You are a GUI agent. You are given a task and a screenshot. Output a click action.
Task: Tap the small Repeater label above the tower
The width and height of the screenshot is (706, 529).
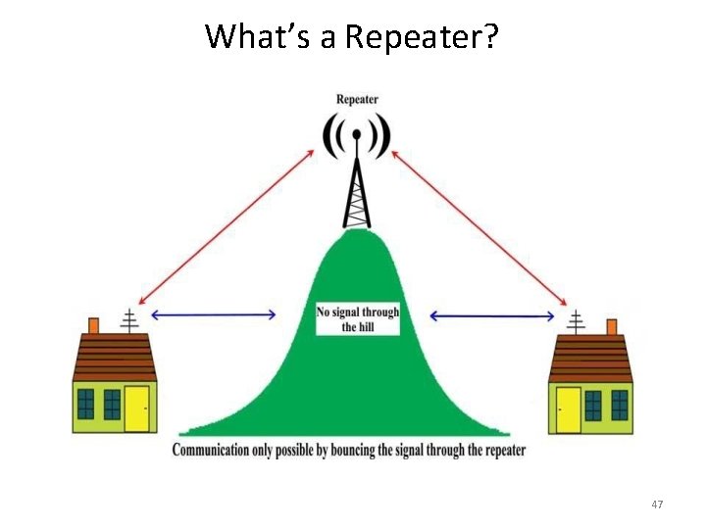(x=357, y=99)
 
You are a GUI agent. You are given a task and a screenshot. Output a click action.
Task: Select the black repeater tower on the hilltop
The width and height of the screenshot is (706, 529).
(x=358, y=191)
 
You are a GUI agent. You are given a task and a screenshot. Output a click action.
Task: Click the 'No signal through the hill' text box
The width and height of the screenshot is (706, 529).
(x=357, y=319)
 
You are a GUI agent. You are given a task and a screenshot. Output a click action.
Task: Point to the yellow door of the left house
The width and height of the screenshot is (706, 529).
(x=136, y=409)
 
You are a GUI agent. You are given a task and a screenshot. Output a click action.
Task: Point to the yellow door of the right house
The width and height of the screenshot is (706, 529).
(x=569, y=409)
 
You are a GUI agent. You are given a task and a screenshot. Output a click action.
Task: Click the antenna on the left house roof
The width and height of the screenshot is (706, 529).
(x=128, y=320)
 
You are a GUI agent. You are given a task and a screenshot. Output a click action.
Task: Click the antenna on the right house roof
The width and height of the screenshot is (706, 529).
(x=576, y=320)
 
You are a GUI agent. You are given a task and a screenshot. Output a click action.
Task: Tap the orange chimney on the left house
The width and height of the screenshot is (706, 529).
(x=94, y=325)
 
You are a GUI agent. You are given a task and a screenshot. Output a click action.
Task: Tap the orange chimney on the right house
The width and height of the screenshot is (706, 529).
(x=611, y=325)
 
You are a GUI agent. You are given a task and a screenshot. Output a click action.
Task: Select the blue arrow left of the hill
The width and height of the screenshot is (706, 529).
(x=215, y=314)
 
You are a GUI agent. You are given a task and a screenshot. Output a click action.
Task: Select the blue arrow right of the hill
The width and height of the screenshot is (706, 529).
(x=492, y=314)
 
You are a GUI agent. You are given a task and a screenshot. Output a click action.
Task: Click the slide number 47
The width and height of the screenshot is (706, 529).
(x=657, y=505)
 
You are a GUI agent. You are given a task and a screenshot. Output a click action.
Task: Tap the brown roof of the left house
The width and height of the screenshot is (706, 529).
(x=115, y=358)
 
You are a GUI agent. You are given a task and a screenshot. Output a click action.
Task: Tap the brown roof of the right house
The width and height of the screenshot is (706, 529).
(x=590, y=358)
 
